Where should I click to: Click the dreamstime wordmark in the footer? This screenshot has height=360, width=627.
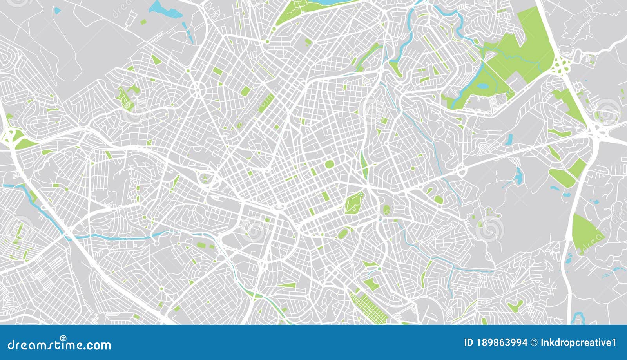(59, 345)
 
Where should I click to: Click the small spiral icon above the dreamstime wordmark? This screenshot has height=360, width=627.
(63, 338)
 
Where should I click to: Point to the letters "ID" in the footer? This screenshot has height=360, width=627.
(468, 343)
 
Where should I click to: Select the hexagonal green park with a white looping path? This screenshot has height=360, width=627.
(354, 203)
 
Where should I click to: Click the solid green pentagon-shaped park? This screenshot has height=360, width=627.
(586, 233)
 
